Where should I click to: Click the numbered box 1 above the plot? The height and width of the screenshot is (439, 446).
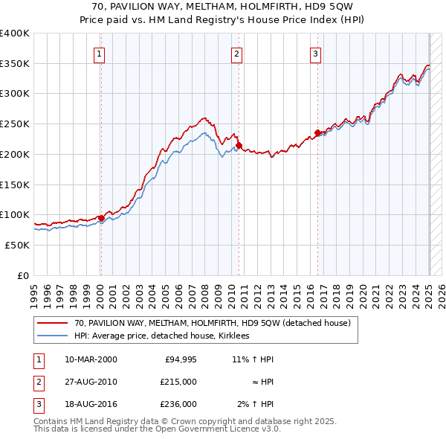[100, 53]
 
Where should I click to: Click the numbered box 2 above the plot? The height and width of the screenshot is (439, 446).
[236, 53]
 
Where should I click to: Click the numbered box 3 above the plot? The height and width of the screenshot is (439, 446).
[315, 53]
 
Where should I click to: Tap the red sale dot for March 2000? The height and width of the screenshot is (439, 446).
[101, 218]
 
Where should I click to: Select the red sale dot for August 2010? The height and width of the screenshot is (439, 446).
[239, 145]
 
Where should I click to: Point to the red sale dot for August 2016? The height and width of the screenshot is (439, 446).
[317, 132]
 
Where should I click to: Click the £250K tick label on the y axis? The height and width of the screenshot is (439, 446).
[15, 124]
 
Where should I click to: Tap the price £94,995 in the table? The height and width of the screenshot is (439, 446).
[178, 359]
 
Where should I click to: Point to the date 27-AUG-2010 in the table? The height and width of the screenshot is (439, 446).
[91, 382]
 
